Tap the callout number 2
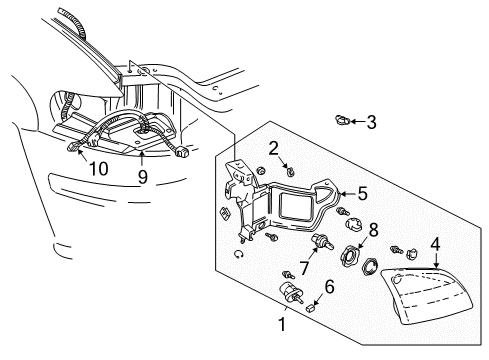pyautogui.click(x=273, y=149)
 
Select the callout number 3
pyautogui.click(x=371, y=123)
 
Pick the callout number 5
pyautogui.click(x=362, y=196)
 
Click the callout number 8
pyautogui.click(x=374, y=229)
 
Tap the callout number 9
pyautogui.click(x=142, y=177)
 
